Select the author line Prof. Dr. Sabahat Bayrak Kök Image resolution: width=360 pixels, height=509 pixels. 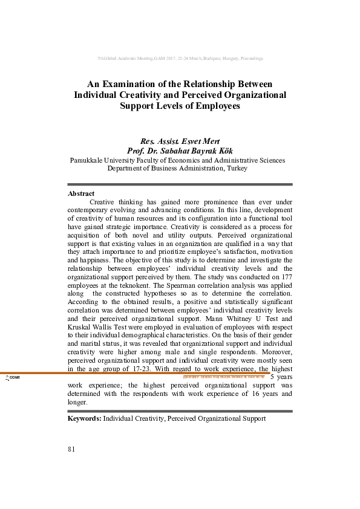pyautogui.click(x=180, y=151)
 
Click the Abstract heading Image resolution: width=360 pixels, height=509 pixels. pyautogui.click(x=81, y=193)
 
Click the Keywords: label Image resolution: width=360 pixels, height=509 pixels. pyautogui.click(x=84, y=418)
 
